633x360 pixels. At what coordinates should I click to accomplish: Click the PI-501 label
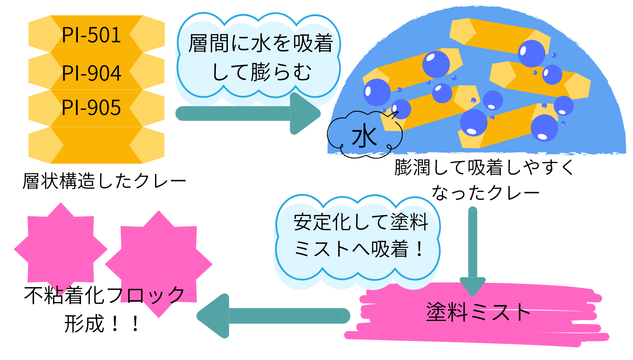click(x=91, y=35)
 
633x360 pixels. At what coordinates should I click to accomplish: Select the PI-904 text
click(x=91, y=73)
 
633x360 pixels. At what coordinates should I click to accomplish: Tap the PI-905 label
click(x=91, y=108)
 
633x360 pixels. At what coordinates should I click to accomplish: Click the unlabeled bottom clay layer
click(x=96, y=145)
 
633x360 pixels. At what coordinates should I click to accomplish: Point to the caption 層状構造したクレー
click(x=104, y=181)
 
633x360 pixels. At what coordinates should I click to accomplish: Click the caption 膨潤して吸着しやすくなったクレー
click(x=485, y=180)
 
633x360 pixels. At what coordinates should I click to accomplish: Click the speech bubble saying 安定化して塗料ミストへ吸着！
click(x=358, y=237)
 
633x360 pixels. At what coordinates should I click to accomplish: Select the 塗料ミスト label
click(x=478, y=312)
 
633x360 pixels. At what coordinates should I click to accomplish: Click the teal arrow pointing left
click(x=273, y=316)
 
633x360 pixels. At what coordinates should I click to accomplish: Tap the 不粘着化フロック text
click(x=104, y=295)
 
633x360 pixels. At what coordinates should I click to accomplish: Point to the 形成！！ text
click(x=102, y=323)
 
